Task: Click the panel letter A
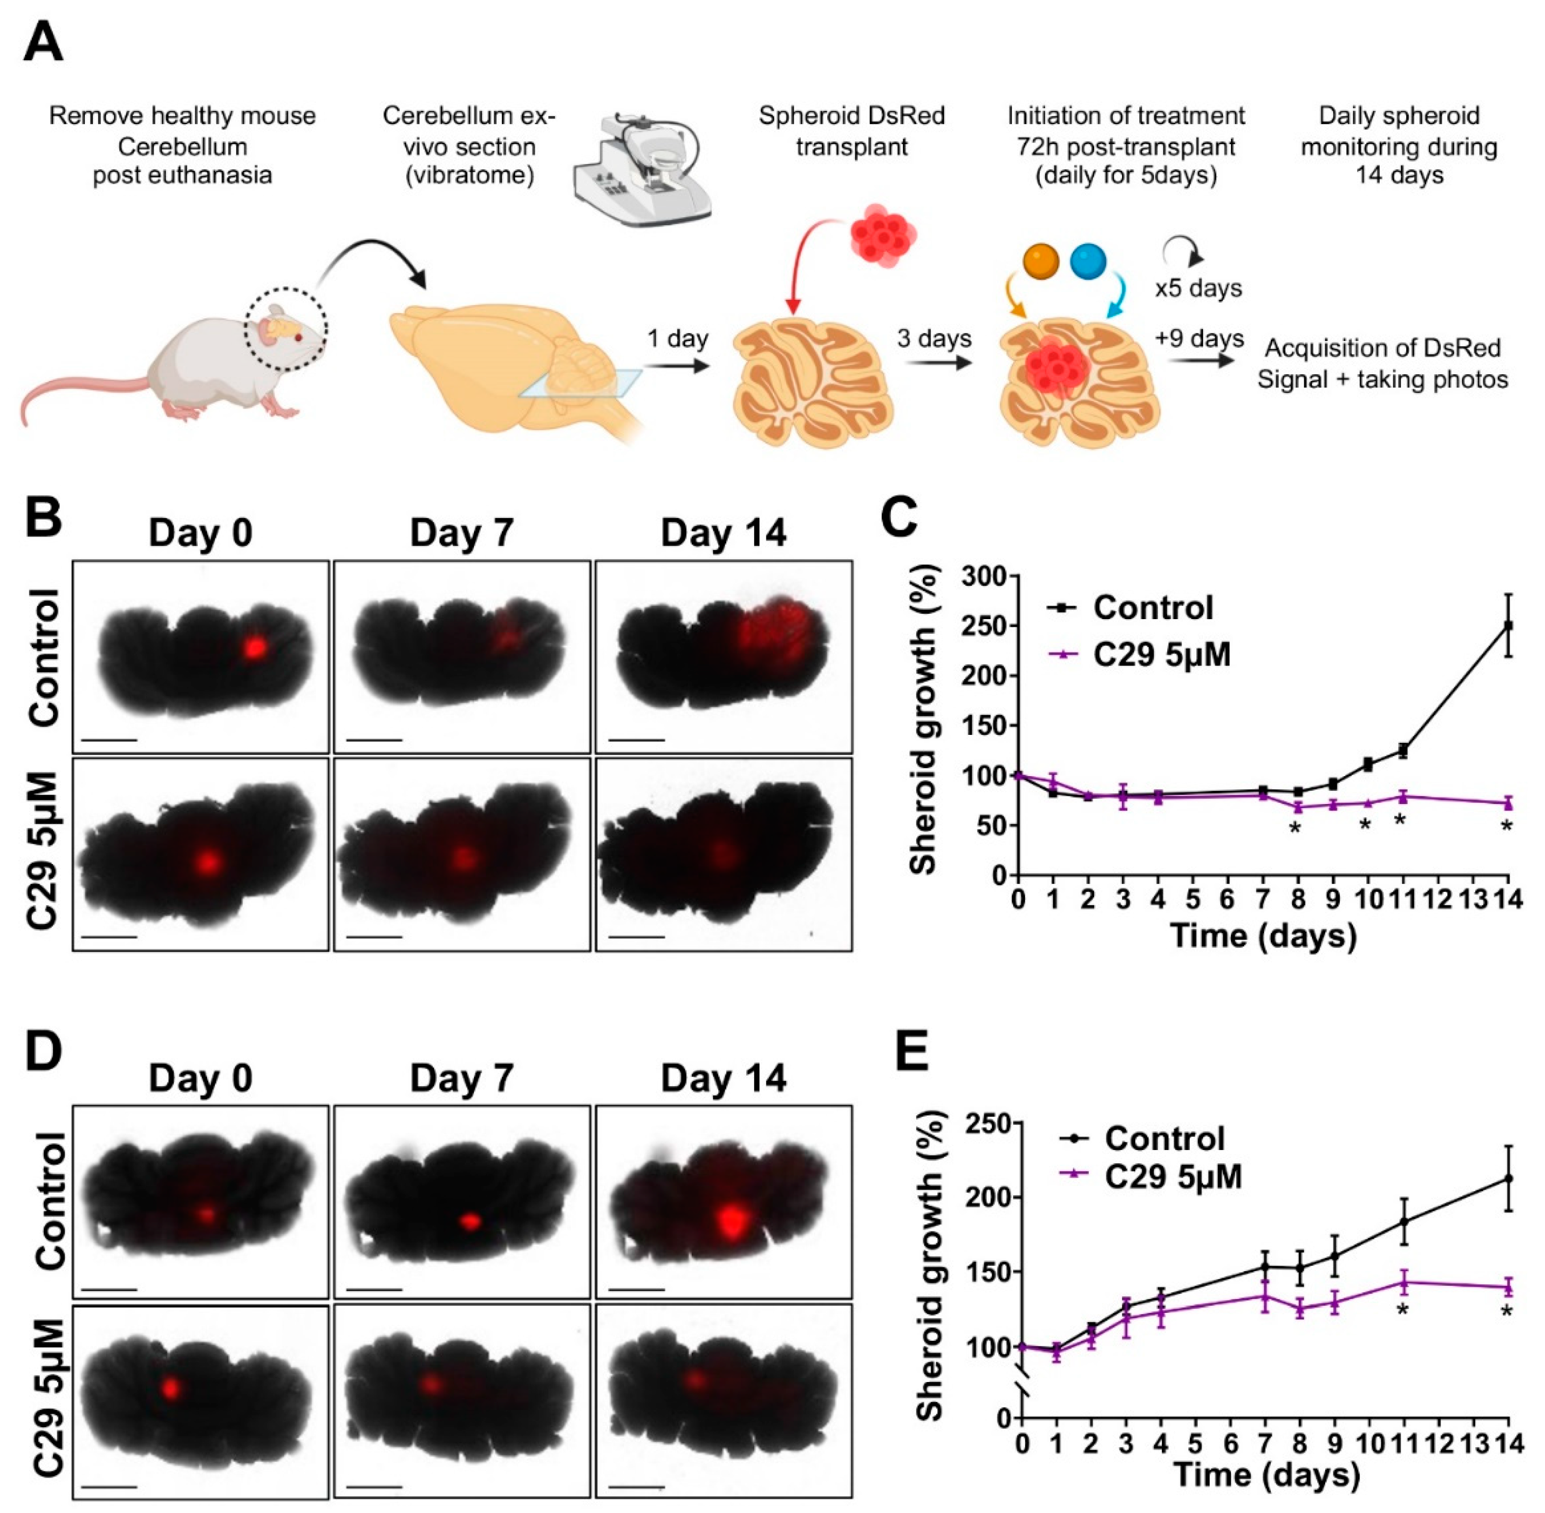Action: pos(44,44)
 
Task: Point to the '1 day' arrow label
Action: pos(677,339)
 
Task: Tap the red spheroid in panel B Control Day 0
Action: pos(254,648)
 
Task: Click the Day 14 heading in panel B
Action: pos(723,533)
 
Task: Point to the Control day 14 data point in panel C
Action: pos(1507,626)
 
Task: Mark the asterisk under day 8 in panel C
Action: pos(1295,829)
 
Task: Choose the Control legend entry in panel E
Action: pos(1164,1139)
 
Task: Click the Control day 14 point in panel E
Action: pos(1508,1178)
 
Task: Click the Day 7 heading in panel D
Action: pos(462,1078)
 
